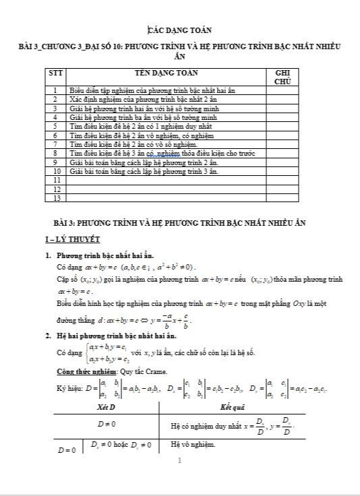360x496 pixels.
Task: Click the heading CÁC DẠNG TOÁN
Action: point(179,30)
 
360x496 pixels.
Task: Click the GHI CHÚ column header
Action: point(282,76)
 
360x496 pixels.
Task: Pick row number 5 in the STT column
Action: point(55,125)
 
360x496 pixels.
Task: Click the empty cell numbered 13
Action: point(55,198)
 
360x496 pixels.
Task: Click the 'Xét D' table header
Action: point(106,408)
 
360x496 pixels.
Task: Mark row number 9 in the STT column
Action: point(55,162)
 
